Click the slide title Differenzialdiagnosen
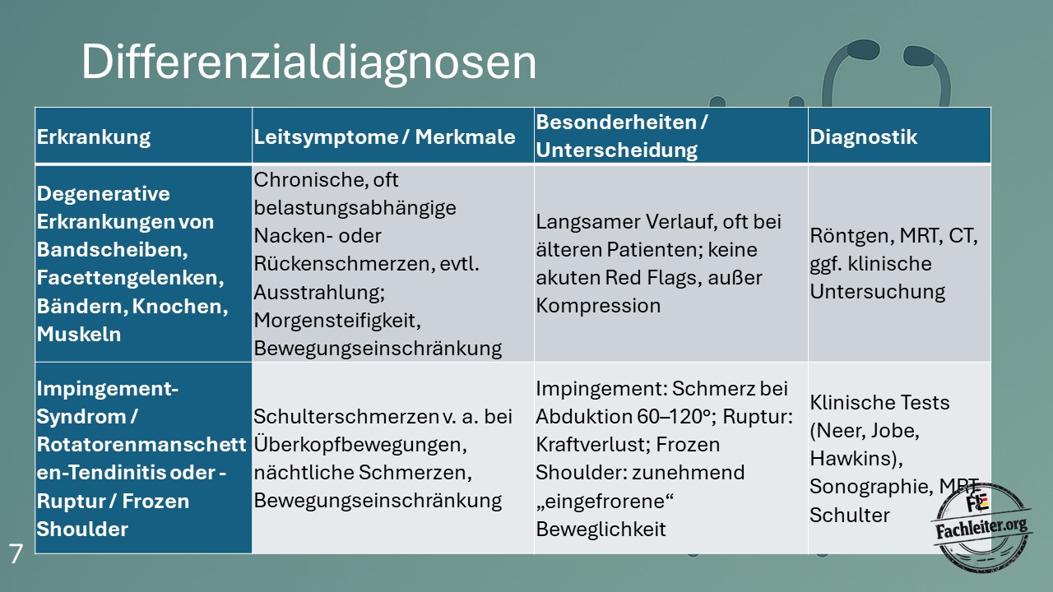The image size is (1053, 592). click(308, 62)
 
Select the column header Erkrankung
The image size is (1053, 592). click(94, 137)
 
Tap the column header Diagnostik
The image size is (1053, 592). click(863, 137)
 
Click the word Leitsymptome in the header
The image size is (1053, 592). click(326, 137)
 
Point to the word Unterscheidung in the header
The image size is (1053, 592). click(616, 150)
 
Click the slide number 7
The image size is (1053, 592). click(16, 554)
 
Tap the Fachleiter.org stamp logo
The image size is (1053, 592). click(981, 527)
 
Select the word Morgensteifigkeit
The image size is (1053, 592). click(337, 321)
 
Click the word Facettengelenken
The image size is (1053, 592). click(130, 278)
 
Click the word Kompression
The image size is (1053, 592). click(598, 307)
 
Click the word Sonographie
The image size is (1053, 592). click(870, 488)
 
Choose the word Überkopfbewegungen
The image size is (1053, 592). click(360, 445)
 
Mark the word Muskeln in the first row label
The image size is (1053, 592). click(78, 335)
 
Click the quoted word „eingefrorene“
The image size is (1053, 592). click(605, 501)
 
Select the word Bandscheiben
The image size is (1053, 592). click(112, 250)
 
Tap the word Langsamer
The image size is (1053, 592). click(587, 222)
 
